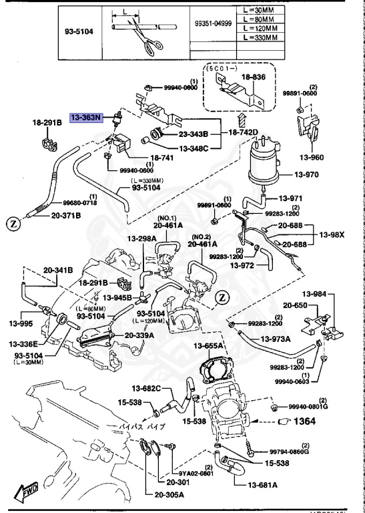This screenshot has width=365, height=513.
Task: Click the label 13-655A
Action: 208,345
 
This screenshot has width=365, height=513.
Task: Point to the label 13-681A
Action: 263,484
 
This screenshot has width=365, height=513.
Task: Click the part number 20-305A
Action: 169,495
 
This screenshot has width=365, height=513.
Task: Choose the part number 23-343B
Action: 194,133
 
